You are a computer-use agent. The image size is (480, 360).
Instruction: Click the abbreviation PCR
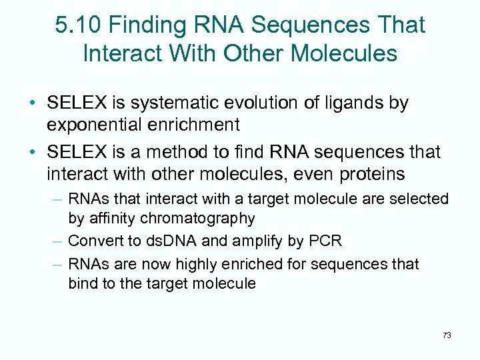point(328,241)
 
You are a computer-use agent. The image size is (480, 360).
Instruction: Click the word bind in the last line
point(81,283)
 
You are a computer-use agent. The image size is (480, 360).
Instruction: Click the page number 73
point(447,335)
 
